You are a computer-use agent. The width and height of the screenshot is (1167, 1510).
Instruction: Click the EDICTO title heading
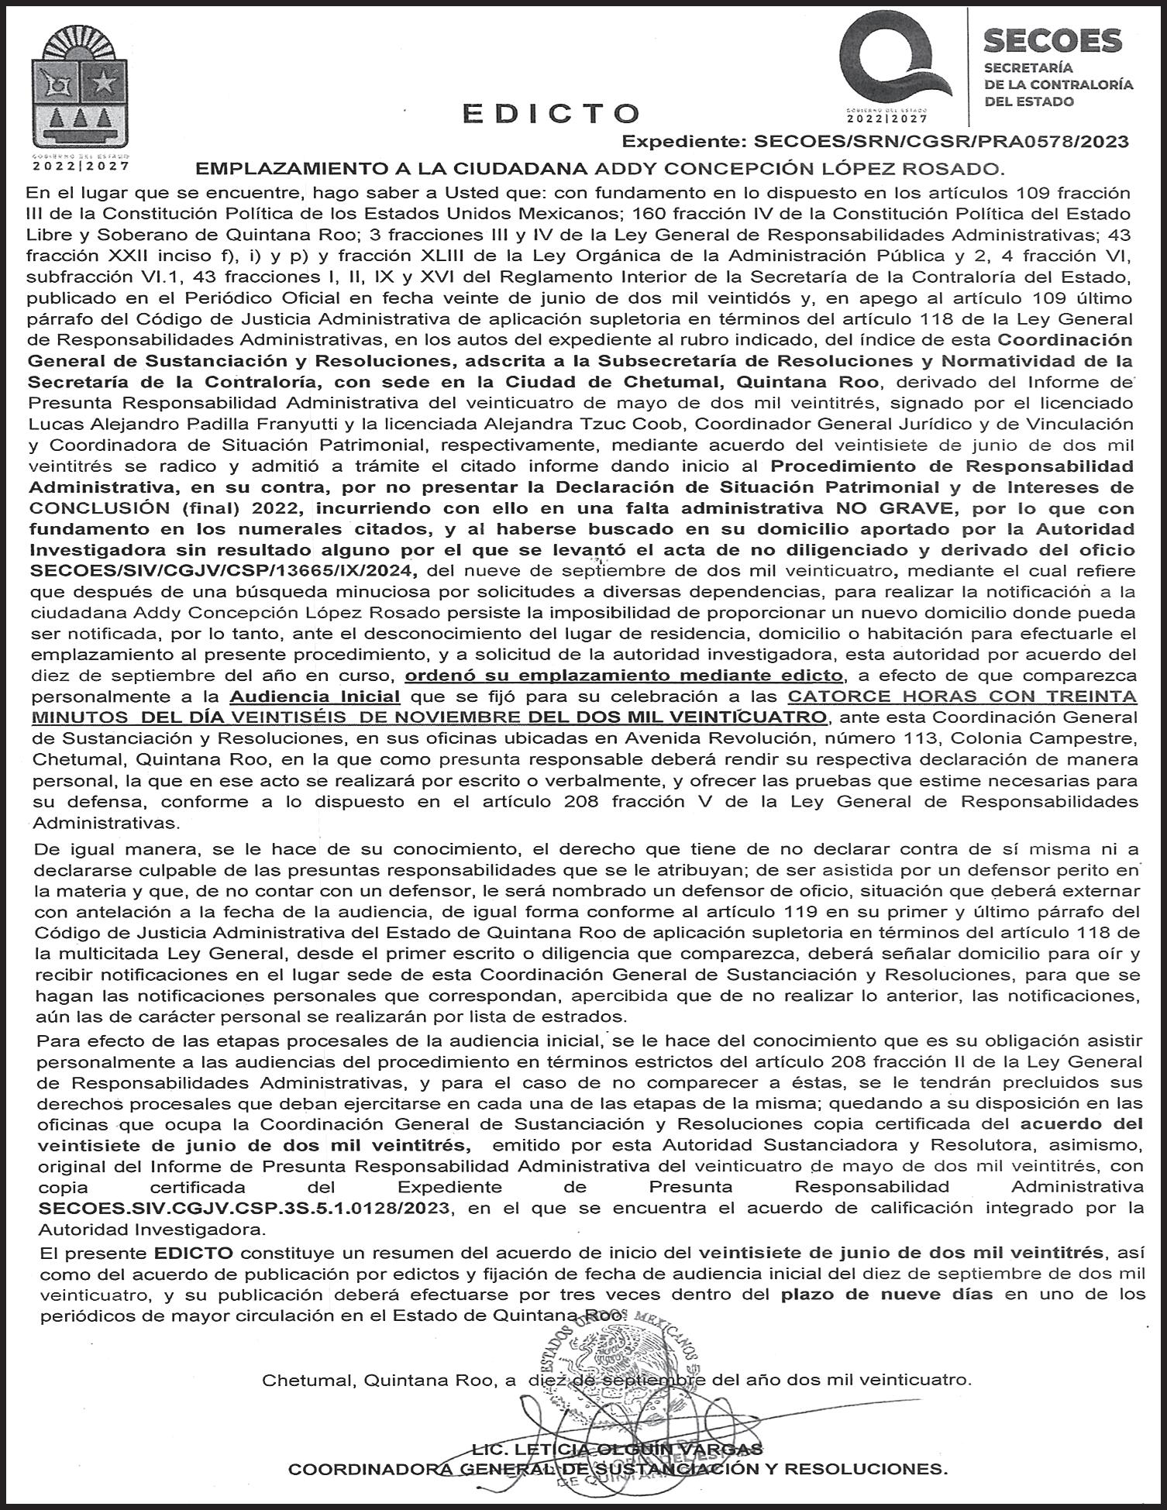551,113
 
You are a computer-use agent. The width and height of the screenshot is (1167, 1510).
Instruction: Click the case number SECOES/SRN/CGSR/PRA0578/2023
941,143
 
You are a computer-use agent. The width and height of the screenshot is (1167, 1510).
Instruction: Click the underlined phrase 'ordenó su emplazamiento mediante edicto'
624,676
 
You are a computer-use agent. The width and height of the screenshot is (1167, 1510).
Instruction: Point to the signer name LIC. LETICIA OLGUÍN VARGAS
617,1450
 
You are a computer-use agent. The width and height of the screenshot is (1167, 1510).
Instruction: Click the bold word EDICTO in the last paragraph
193,1253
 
